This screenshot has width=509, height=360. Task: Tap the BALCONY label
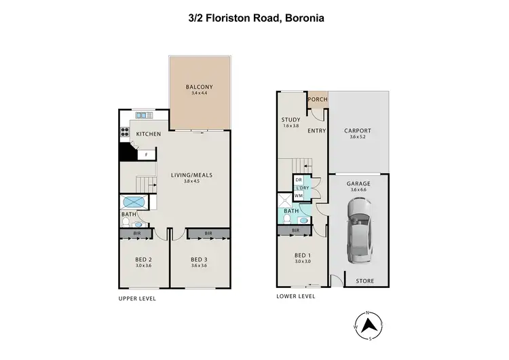(200, 87)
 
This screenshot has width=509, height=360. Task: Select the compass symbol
(367, 325)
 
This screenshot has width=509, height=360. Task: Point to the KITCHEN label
(149, 134)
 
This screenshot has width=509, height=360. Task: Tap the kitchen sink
(144, 115)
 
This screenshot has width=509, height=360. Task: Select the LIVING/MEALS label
(191, 175)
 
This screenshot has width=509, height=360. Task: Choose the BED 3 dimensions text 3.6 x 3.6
(199, 266)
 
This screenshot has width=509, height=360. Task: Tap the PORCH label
(318, 100)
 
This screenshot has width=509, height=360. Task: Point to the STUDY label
(290, 120)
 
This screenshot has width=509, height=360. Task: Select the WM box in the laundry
(298, 196)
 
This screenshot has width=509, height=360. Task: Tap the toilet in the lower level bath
(303, 220)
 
